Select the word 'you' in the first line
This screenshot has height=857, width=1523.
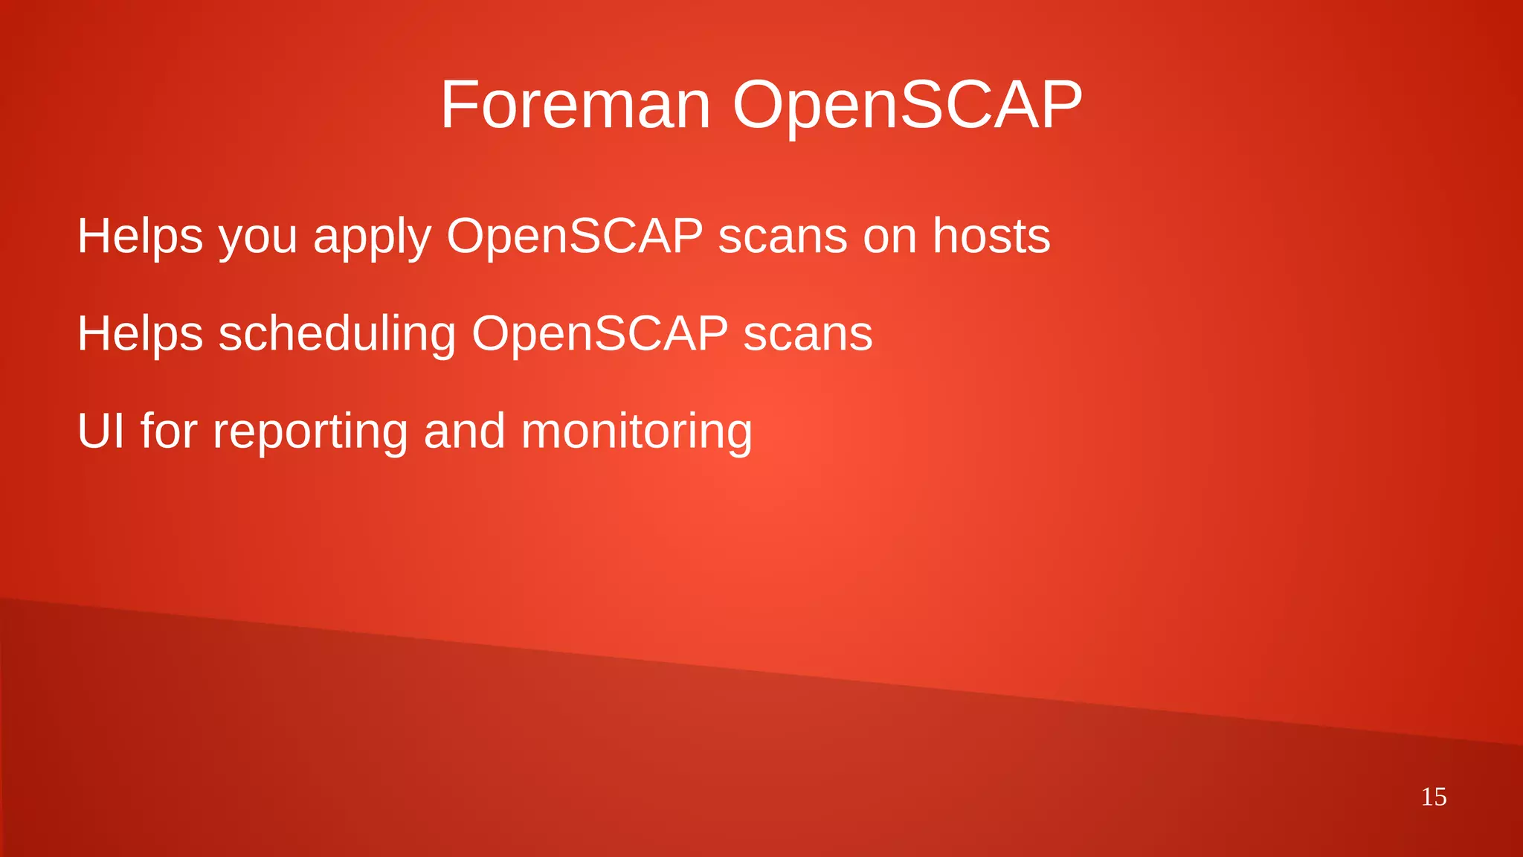coord(257,237)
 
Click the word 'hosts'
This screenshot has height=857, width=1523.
coord(991,236)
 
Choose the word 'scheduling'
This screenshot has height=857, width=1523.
coord(337,334)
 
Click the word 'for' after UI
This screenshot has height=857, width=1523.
coord(169,431)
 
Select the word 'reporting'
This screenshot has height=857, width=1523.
coord(310,432)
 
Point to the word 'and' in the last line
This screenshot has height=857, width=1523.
coord(465,431)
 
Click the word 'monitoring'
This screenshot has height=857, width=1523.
coord(637,432)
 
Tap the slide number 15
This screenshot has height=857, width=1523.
coord(1434,797)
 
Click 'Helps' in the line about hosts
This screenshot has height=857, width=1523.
coord(140,237)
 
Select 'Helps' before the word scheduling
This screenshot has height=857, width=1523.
coord(140,334)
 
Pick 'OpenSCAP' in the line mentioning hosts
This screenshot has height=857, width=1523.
coord(574,237)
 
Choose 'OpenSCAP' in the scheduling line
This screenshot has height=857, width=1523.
coord(599,334)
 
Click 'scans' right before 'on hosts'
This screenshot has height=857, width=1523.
coord(782,237)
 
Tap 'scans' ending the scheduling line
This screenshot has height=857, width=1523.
coord(808,334)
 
